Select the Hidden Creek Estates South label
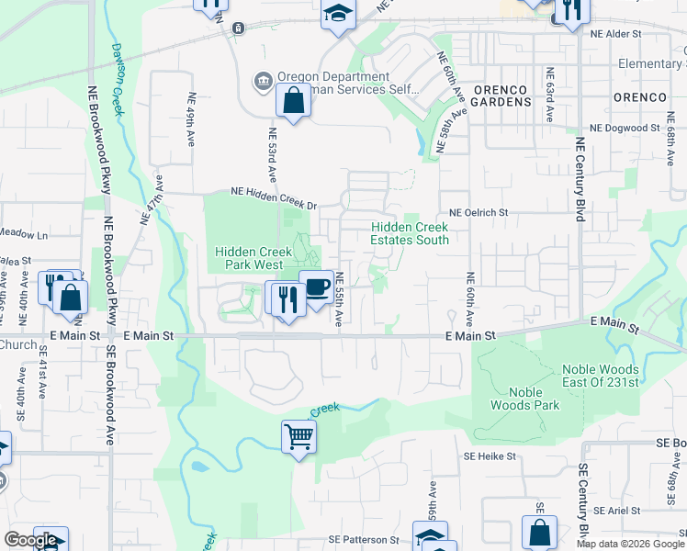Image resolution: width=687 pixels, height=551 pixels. [409, 233]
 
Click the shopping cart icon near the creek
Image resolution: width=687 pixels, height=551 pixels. [298, 435]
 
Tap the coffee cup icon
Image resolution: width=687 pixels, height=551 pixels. [316, 287]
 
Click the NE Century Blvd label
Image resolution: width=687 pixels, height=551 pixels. [580, 180]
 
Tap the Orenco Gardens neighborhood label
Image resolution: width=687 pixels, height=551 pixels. [501, 96]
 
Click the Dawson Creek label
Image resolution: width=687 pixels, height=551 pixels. [118, 77]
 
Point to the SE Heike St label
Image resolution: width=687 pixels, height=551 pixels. [490, 455]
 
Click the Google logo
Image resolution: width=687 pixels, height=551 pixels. [29, 541]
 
